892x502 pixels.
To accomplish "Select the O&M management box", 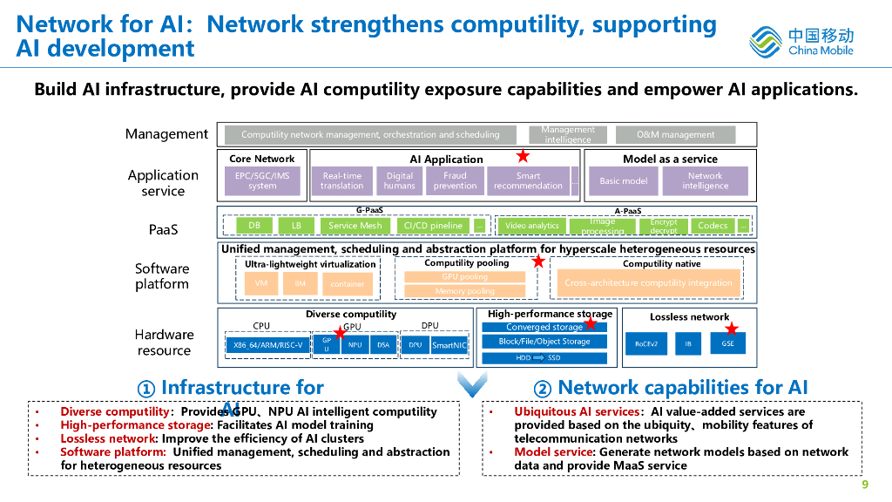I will point(675,135).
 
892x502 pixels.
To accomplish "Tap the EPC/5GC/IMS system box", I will point(262,180).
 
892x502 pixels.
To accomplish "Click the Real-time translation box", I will point(341,180).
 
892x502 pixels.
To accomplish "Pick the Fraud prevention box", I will point(455,180).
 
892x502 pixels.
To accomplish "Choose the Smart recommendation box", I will point(528,180).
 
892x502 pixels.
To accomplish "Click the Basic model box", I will point(624,181).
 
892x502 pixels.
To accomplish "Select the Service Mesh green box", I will point(355,226).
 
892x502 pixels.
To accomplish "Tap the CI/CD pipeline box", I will point(433,226).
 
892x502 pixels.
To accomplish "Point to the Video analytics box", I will point(531,226).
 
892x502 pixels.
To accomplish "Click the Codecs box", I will point(713,226).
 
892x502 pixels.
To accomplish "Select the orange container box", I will point(348,284).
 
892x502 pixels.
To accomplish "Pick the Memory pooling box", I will point(464,291).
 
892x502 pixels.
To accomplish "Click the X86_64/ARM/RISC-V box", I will point(268,345).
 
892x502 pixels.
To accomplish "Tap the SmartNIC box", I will point(449,345).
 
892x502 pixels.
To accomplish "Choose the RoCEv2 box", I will point(645,344).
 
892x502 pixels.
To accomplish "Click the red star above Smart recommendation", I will point(523,157).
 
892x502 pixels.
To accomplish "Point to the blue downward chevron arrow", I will point(472,383).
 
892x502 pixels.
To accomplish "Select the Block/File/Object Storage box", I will point(544,342).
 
